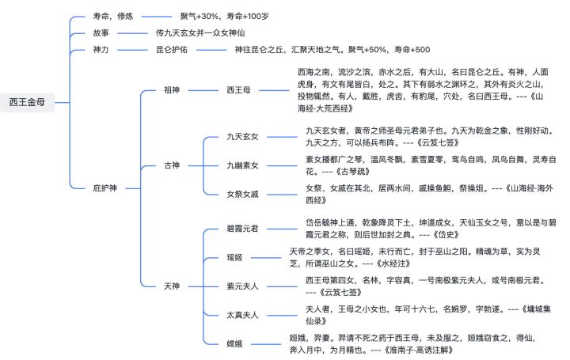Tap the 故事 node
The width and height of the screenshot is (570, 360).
(x=101, y=33)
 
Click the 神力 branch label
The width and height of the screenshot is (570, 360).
(x=101, y=50)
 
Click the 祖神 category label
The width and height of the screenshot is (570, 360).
(x=172, y=89)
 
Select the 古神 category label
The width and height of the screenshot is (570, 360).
(x=172, y=165)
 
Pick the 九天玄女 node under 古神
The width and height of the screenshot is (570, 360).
(x=242, y=137)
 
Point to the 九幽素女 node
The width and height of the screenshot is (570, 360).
(x=242, y=165)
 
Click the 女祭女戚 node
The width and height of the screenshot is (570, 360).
(x=242, y=194)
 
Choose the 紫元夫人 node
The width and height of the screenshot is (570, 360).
(x=242, y=286)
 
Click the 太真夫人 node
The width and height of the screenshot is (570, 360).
(x=242, y=314)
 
